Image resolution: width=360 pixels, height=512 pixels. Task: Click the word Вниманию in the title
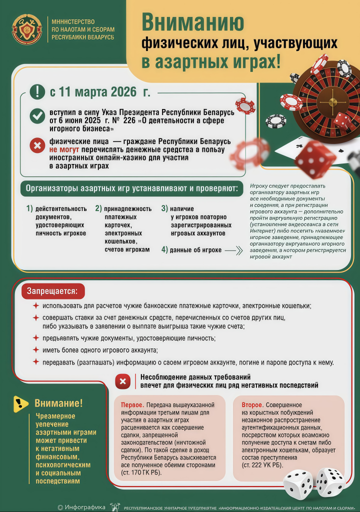pyautogui.click(x=193, y=22)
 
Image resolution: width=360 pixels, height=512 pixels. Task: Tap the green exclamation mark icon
pyautogui.click(x=37, y=91)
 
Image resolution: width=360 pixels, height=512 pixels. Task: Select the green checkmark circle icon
pyautogui.click(x=37, y=116)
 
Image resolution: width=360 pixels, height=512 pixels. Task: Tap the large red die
pyautogui.click(x=314, y=159)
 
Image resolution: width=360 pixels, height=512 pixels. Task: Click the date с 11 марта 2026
pyautogui.click(x=100, y=92)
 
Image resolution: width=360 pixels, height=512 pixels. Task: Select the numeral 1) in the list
pyautogui.click(x=29, y=208)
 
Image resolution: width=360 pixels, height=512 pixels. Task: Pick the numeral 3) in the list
pyautogui.click(x=164, y=208)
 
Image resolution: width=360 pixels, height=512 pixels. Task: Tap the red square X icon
pyautogui.click(x=122, y=382)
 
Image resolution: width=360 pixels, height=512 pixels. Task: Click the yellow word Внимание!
pyautogui.click(x=58, y=403)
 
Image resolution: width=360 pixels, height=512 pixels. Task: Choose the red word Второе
pyautogui.click(x=253, y=404)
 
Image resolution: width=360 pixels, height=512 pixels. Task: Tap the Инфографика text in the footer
pyautogui.click(x=85, y=507)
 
